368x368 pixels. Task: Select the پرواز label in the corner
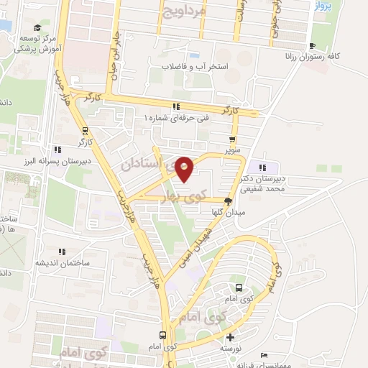pyautogui.click(x=322, y=7)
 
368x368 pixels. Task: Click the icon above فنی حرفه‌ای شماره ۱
pyautogui.click(x=175, y=107)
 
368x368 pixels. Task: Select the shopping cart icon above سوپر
pyautogui.click(x=231, y=140)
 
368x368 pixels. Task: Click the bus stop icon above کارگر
pyautogui.click(x=86, y=131)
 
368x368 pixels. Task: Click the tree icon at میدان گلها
pyautogui.click(x=229, y=202)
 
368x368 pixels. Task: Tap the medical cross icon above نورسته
pyautogui.click(x=229, y=337)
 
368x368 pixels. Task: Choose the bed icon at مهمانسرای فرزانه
pyautogui.click(x=264, y=356)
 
